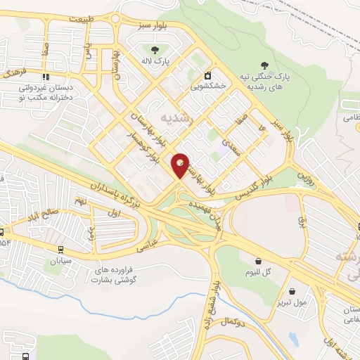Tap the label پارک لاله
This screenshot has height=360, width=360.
156,61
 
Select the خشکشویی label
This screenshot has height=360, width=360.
207,89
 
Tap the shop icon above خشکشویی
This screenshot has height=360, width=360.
207,76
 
